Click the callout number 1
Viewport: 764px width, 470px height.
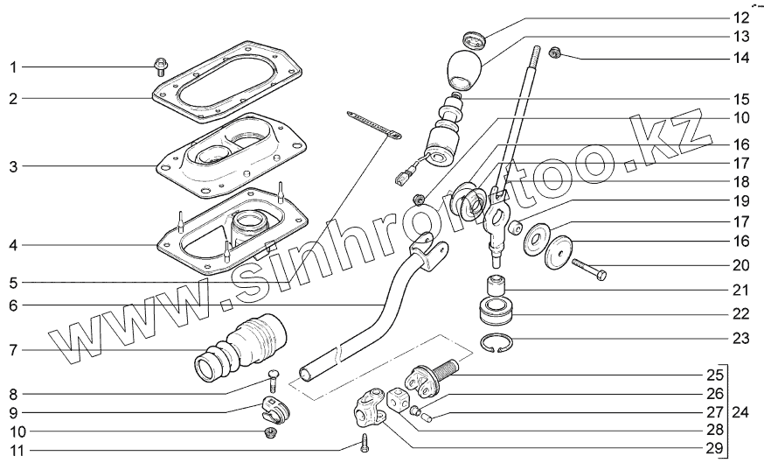pos(13,66)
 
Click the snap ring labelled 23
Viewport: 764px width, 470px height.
pos(500,346)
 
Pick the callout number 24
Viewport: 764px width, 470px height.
pos(740,411)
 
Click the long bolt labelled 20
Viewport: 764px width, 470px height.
pos(590,269)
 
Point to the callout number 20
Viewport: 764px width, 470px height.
pos(740,263)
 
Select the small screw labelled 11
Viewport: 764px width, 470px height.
pos(365,445)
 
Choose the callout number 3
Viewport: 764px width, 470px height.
pos(13,166)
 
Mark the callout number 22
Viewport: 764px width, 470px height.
pos(740,313)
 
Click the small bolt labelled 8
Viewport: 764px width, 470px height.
pos(272,381)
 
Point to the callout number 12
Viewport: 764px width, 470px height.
pos(740,17)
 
